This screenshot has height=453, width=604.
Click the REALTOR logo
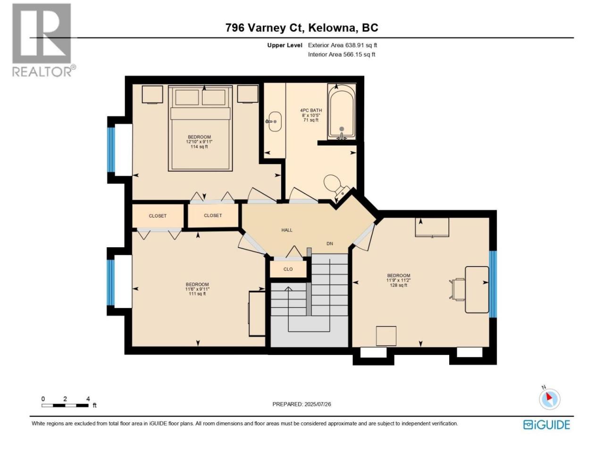44,41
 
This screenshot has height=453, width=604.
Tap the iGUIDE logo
546,425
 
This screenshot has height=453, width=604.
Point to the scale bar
65,405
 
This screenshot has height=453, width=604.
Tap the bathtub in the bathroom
342,112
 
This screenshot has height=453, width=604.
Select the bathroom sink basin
274,122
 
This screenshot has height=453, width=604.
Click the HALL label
287,230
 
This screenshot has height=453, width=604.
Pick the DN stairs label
330,243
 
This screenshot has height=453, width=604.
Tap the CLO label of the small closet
288,269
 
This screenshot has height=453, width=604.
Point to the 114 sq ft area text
199,147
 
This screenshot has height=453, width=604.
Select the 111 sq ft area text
197,294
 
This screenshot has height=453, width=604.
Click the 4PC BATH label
311,110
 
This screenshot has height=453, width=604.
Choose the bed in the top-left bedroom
201,128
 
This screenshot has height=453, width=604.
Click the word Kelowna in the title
332,28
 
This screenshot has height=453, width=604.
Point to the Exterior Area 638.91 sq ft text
342,45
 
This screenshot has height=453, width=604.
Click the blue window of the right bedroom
493,284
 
